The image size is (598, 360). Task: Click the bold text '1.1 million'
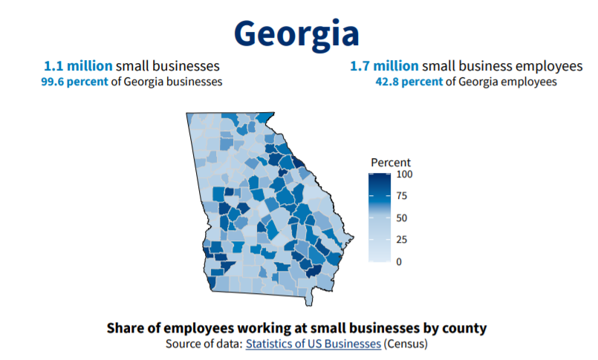(73, 66)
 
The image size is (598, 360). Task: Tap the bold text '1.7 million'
(384, 66)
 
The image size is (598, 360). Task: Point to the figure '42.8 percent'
(409, 82)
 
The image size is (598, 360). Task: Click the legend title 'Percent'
(391, 163)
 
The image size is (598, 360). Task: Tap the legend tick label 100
(404, 174)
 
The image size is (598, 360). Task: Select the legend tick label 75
(402, 196)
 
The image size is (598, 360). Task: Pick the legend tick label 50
(402, 217)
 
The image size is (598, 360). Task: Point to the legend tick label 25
(402, 240)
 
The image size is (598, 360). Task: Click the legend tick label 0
(399, 261)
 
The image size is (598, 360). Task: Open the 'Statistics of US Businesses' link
(313, 344)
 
